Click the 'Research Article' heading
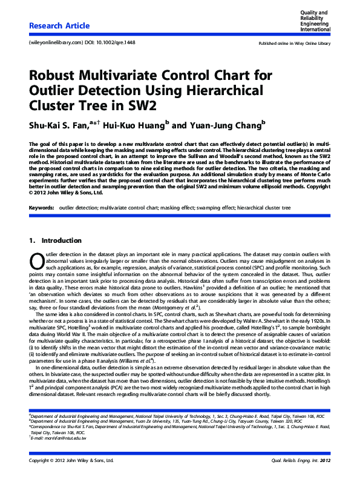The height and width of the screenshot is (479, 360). click(59, 26)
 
